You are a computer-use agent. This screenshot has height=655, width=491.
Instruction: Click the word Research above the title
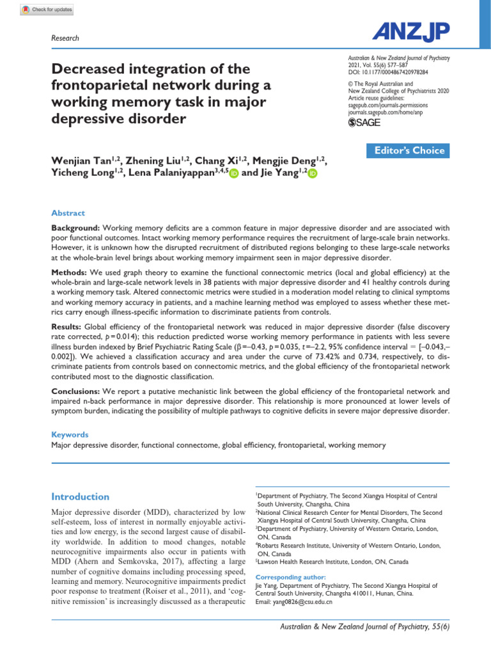[x=65, y=38]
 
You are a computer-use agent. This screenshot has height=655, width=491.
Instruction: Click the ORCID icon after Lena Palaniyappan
[x=233, y=173]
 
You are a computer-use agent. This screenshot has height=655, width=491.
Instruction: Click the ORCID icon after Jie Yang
[x=312, y=173]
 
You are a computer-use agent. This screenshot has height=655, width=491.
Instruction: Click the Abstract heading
[x=68, y=213]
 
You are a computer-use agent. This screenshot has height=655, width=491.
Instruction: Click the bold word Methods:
[x=69, y=272]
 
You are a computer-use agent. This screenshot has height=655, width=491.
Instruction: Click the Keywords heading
[x=69, y=434]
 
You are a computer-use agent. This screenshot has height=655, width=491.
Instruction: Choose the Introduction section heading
[x=80, y=496]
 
